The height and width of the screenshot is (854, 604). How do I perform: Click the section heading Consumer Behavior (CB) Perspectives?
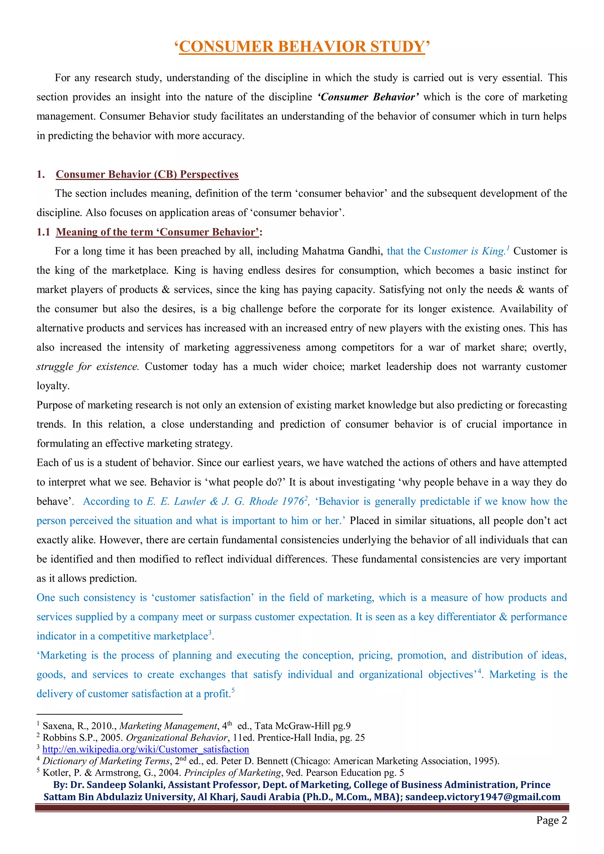(x=147, y=175)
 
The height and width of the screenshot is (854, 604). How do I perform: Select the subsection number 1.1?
(x=43, y=232)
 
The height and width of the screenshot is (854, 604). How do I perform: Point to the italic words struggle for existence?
(x=87, y=367)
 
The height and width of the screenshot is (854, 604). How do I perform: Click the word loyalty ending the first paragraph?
(x=52, y=386)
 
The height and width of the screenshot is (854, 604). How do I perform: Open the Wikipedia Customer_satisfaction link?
(x=145, y=750)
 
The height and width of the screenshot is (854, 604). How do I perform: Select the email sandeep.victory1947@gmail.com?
(x=482, y=797)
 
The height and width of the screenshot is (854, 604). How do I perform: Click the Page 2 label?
(x=551, y=820)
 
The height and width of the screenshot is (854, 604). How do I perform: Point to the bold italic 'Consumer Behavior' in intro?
(x=368, y=97)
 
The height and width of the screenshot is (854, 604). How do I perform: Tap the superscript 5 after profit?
(x=233, y=690)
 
